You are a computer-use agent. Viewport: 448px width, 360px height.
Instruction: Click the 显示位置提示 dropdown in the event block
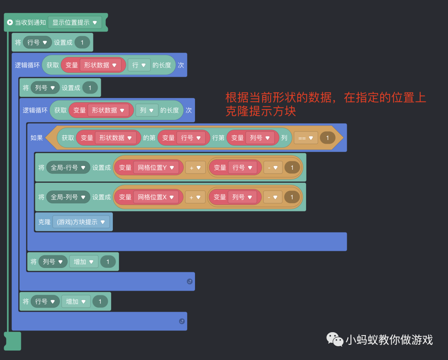pos(75,22)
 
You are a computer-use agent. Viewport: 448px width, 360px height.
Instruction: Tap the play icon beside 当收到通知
pos(10,22)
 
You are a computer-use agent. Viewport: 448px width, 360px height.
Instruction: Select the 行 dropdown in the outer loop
pos(139,65)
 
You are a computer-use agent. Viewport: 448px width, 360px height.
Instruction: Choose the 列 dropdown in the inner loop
pos(147,110)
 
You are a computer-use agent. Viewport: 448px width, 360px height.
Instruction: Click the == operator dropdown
pos(306,138)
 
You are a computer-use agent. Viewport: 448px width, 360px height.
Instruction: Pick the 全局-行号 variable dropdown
pos(68,168)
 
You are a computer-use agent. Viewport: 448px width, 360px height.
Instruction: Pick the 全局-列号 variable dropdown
pos(68,197)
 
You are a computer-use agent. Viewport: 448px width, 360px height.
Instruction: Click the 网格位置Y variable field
pos(156,168)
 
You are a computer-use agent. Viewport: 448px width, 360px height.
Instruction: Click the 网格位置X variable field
pos(156,197)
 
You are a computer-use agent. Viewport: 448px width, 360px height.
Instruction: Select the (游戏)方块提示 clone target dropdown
pos(81,222)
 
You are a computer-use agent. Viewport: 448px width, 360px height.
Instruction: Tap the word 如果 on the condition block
pos(37,138)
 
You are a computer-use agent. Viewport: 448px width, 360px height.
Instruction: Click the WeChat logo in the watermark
pos(335,339)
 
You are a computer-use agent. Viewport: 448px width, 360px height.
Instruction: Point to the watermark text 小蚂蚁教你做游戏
pos(389,340)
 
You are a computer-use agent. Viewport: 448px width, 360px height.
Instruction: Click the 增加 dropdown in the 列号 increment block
pos(84,262)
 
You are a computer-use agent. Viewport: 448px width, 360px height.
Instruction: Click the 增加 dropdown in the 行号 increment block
pos(76,301)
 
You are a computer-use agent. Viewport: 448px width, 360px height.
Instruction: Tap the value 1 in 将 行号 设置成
pos(82,42)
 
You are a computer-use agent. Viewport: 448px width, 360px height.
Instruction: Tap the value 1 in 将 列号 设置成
pos(90,88)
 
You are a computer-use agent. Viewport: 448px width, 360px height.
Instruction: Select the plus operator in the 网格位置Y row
pos(195,168)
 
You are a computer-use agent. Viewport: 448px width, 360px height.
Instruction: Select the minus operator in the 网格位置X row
pos(273,197)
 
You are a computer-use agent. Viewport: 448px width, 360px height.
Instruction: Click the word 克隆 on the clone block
pos(44,222)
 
